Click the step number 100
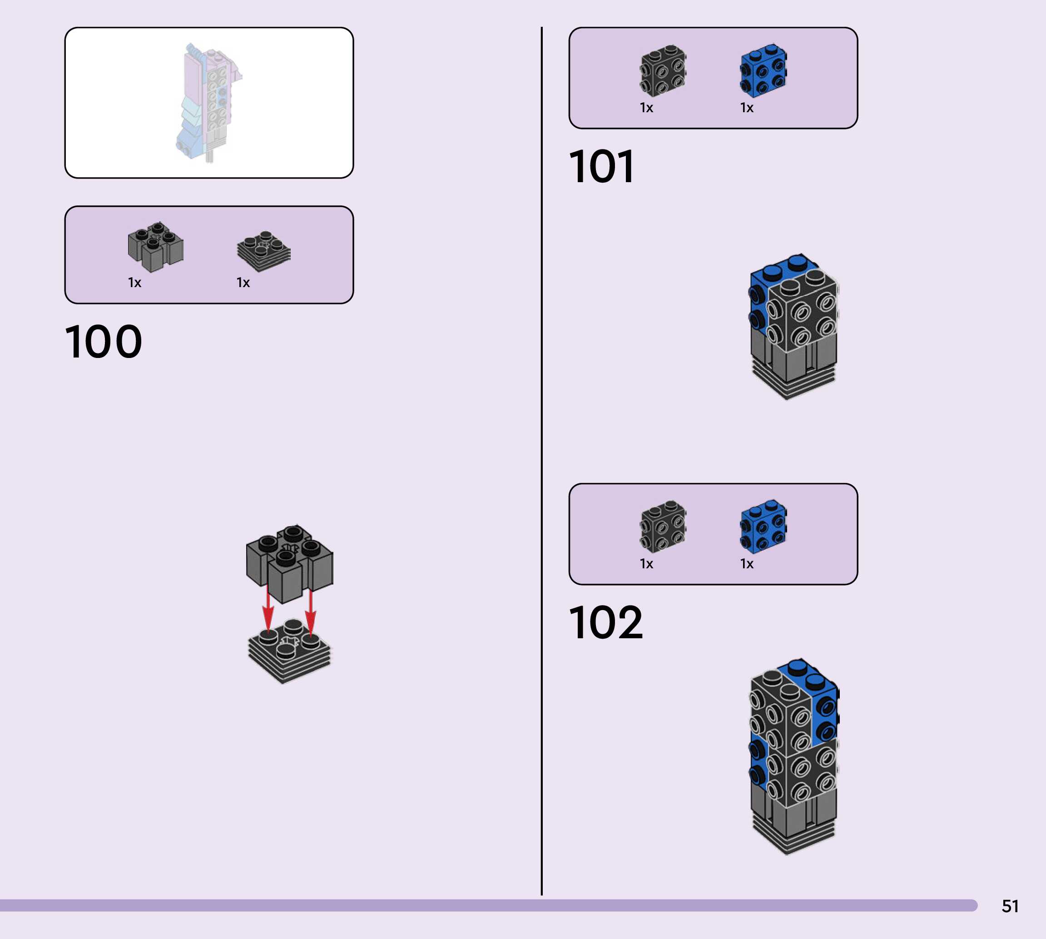[103, 342]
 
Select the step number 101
[601, 166]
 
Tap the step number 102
[605, 622]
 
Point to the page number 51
[1010, 906]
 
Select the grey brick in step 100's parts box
[155, 246]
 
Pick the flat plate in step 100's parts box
[263, 251]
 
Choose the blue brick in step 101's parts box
[763, 71]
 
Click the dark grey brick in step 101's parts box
[663, 71]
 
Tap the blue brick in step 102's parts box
[763, 526]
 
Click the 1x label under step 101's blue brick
[747, 108]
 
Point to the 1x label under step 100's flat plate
[243, 283]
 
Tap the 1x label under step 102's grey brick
[646, 564]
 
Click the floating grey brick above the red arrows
[289, 562]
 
